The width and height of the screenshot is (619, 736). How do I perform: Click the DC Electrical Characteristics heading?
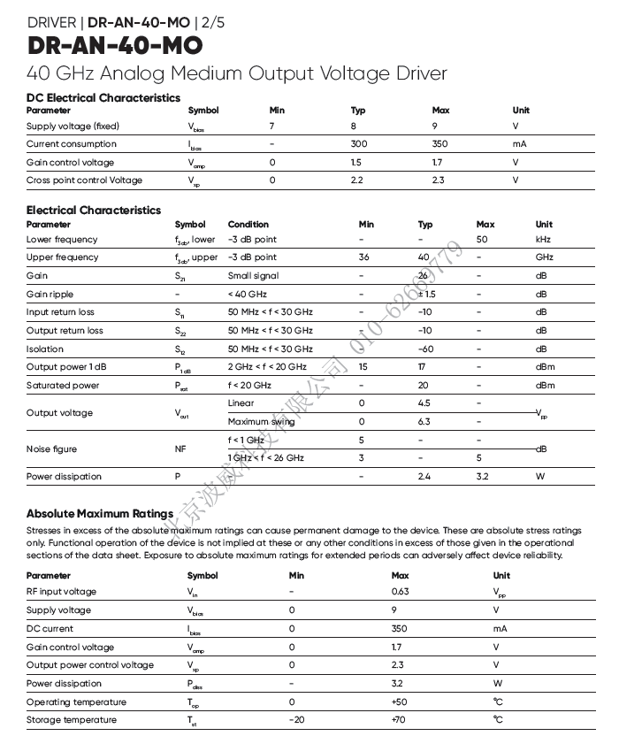pos(103,97)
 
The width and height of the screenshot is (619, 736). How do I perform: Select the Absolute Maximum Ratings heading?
pos(99,513)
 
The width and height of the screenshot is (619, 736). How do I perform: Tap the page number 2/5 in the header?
pos(213,22)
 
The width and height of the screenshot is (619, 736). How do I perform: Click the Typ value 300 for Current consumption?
pos(358,143)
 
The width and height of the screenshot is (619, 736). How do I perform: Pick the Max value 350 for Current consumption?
pos(439,143)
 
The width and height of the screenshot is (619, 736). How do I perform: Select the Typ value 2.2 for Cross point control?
pos(357,180)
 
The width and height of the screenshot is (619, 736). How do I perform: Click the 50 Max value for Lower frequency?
pos(482,239)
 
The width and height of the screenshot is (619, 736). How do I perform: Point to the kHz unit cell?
pos(544,239)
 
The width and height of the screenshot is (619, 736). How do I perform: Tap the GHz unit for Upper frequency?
pos(544,257)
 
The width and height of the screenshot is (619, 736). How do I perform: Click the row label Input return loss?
pos(60,311)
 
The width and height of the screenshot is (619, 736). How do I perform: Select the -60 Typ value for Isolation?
pos(425,349)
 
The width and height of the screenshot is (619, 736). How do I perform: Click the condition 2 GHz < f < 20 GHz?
pos(267,366)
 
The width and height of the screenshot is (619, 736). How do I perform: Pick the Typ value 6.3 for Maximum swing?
pos(424,422)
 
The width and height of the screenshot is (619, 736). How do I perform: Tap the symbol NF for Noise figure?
pos(180,449)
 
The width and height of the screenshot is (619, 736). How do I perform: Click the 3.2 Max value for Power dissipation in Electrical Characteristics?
pos(482,476)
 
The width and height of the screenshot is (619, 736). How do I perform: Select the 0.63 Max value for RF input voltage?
pos(400,592)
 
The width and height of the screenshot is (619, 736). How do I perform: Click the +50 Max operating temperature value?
pos(400,701)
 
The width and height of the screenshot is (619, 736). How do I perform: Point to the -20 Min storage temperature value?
pos(297,720)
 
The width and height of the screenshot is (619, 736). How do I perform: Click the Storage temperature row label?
pos(72,720)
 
